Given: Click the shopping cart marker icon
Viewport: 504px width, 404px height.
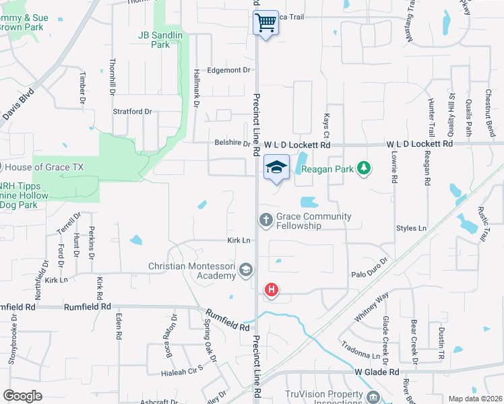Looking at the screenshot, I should click(x=266, y=22).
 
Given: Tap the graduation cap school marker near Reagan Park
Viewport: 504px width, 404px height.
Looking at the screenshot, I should click(x=276, y=167).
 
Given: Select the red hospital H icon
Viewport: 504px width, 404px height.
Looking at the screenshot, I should click(x=271, y=290).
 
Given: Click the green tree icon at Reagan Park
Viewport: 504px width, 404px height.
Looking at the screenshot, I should click(x=364, y=167).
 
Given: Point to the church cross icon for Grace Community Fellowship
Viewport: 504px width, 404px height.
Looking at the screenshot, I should click(x=266, y=220).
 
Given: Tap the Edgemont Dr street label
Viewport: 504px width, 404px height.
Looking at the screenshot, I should click(x=228, y=70).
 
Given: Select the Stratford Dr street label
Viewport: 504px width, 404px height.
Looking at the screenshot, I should click(x=132, y=111).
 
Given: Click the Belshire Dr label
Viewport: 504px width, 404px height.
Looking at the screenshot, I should click(x=228, y=143).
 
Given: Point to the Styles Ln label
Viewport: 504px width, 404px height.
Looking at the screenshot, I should click(x=411, y=229).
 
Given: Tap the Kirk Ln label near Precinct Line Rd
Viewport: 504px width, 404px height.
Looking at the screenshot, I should click(x=239, y=240).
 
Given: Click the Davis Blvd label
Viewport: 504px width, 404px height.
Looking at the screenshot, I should click(x=18, y=105).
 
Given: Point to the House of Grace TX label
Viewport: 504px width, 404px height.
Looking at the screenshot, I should click(x=44, y=167).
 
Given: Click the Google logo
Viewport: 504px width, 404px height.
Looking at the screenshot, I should click(x=22, y=395).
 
